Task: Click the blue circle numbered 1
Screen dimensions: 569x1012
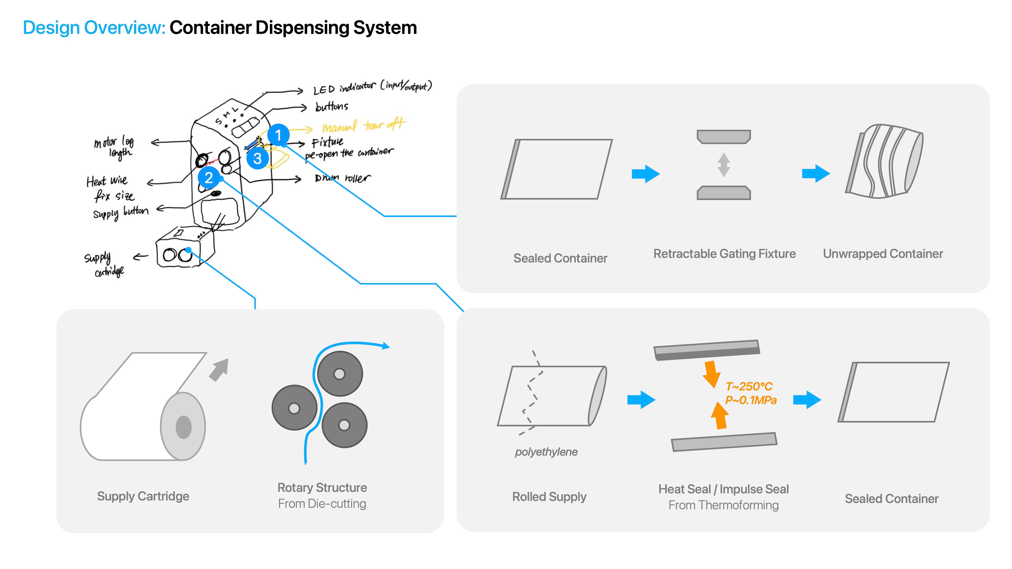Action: click(278, 135)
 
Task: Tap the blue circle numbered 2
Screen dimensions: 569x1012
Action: click(209, 178)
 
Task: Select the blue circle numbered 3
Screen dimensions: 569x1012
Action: click(257, 159)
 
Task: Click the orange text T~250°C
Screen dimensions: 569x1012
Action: click(749, 386)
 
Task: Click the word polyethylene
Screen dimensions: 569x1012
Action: click(546, 452)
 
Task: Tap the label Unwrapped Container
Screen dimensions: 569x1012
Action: click(883, 254)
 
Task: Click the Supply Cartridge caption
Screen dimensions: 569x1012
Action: click(143, 496)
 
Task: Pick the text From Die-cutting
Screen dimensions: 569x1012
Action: click(322, 504)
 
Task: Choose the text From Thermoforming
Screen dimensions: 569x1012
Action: click(723, 506)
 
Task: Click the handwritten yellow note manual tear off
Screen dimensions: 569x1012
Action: click(364, 126)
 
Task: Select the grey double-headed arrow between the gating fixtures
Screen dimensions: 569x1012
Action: click(724, 165)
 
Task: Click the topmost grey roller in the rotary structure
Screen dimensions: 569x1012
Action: click(340, 374)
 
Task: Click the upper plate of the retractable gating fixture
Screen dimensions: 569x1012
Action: click(724, 137)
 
